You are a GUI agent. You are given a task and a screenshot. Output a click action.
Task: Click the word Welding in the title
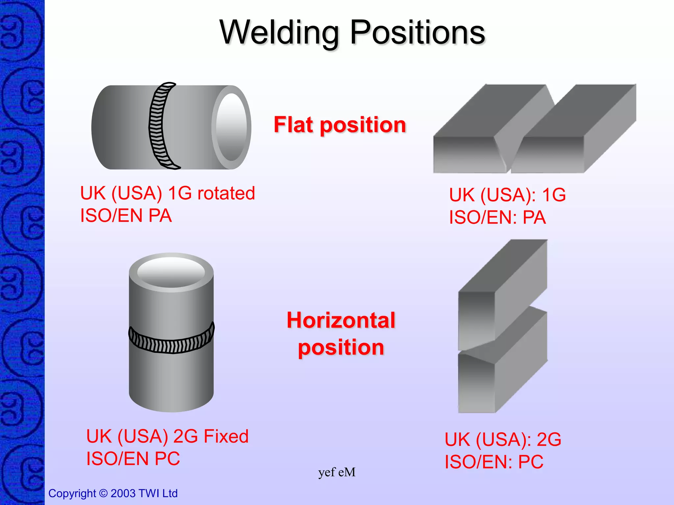click(279, 33)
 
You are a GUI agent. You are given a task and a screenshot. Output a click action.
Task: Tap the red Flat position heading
click(340, 125)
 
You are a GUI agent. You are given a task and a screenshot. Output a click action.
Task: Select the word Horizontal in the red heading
click(341, 320)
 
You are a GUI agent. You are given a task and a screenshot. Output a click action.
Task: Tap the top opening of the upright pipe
click(171, 272)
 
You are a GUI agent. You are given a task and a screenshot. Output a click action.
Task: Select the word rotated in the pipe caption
click(226, 193)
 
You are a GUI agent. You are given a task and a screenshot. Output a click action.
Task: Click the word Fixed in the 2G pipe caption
click(226, 437)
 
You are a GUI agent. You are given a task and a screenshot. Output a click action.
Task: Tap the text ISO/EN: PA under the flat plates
click(497, 218)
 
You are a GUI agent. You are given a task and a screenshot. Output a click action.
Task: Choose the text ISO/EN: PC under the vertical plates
click(494, 462)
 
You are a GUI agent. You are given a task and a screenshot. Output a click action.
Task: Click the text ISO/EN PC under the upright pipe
click(133, 459)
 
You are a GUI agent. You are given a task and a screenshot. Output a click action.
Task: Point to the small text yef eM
click(337, 472)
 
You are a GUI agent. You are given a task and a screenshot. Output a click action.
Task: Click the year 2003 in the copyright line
click(123, 493)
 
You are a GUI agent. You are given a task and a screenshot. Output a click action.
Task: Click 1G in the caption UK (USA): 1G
click(554, 195)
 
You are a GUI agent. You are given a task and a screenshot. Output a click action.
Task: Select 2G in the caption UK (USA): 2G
click(549, 440)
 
